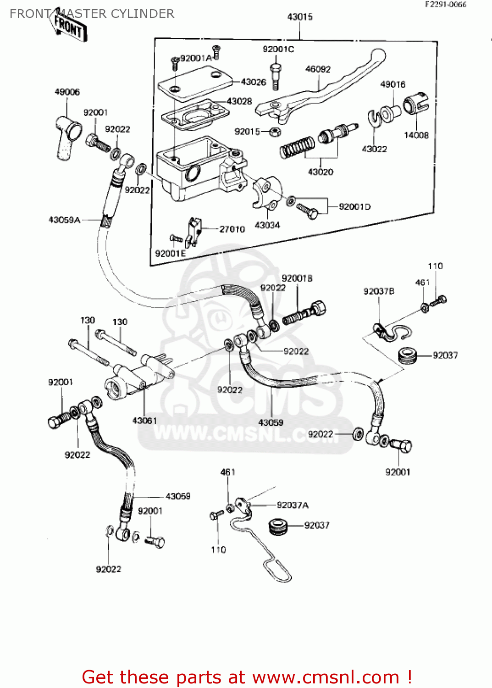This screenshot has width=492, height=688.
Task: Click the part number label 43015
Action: [x=300, y=17]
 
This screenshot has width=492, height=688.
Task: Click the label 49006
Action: [x=67, y=92]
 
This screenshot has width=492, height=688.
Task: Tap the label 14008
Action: [x=416, y=135]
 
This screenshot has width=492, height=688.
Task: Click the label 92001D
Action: [x=354, y=207]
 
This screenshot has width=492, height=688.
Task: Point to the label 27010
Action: [x=232, y=229]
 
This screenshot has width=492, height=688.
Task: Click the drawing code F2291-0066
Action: [x=445, y=5]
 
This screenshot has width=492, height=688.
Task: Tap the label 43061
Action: [x=144, y=420]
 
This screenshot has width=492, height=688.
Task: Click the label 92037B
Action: [x=379, y=291]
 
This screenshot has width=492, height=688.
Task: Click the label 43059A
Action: [x=64, y=220]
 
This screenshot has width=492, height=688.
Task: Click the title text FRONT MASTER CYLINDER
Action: [x=92, y=14]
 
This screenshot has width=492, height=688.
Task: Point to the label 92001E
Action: [x=170, y=254]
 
